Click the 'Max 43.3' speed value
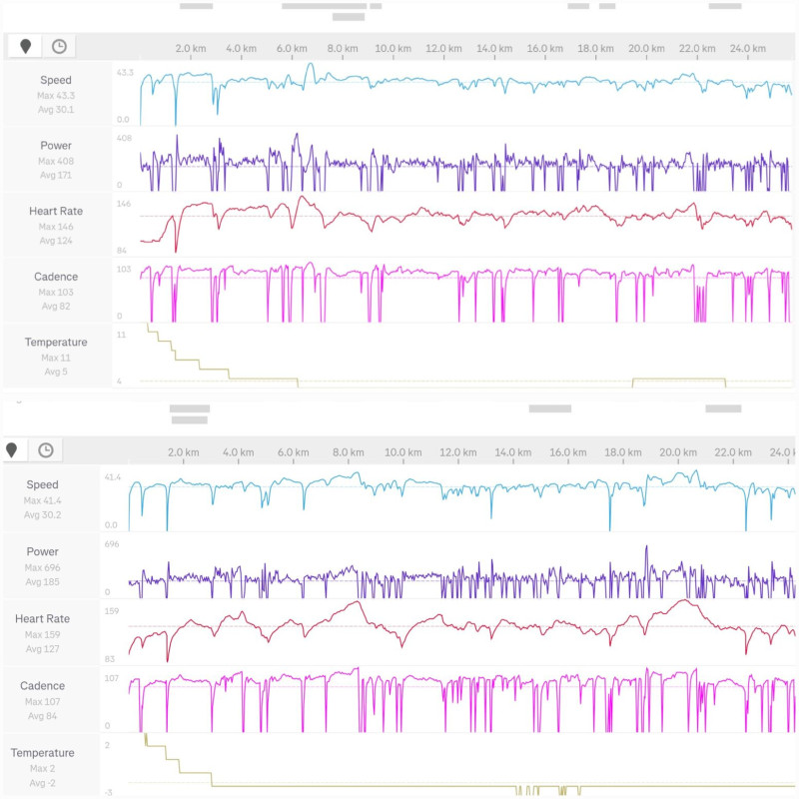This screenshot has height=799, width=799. tap(56, 95)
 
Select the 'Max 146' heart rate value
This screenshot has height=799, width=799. tap(56, 227)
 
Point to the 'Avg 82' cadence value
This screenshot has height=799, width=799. tap(56, 306)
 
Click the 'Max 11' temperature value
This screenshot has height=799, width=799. tap(56, 358)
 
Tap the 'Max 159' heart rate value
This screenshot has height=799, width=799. tap(42, 634)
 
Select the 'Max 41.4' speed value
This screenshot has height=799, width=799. tap(42, 500)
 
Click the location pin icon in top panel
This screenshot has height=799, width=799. tap(26, 46)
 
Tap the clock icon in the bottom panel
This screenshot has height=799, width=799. tap(46, 450)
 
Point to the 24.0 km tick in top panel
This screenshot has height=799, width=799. tap(747, 48)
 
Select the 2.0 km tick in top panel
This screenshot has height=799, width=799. tap(191, 48)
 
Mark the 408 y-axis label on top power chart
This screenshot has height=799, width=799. tap(125, 139)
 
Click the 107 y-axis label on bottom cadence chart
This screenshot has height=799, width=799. tap(112, 678)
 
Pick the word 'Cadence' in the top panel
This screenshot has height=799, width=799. tap(56, 277)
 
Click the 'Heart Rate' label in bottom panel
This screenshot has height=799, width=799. tap(42, 619)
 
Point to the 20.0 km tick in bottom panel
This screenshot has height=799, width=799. tap(679, 452)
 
